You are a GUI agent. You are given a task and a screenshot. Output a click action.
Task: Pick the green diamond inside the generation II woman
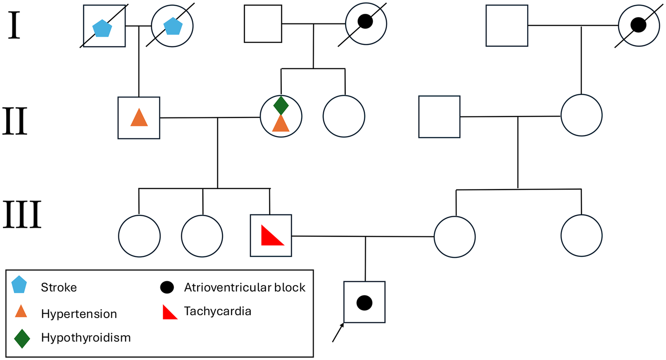tap(281, 105)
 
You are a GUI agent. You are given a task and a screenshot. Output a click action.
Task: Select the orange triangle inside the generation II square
tap(139, 117)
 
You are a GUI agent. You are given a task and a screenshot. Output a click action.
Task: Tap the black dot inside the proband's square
tap(364, 302)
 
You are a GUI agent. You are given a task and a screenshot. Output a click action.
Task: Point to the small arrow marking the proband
tap(338, 332)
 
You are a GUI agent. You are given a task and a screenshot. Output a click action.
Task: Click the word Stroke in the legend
tap(59, 287)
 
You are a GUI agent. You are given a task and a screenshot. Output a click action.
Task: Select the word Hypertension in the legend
tap(79, 314)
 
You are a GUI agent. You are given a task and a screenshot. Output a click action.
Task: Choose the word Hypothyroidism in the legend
tap(86, 338)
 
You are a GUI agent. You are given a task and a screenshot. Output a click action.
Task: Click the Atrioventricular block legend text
tap(244, 287)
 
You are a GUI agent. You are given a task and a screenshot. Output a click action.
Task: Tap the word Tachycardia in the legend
tap(217, 312)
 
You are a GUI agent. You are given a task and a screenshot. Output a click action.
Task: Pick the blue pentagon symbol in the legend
tap(20, 286)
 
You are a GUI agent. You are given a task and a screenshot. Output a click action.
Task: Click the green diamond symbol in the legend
tap(21, 338)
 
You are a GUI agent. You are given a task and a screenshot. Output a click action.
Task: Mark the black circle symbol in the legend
tap(166, 287)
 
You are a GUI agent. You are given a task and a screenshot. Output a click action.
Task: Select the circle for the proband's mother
tap(455, 236)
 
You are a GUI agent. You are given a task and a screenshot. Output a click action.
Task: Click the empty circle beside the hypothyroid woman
tap(344, 116)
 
